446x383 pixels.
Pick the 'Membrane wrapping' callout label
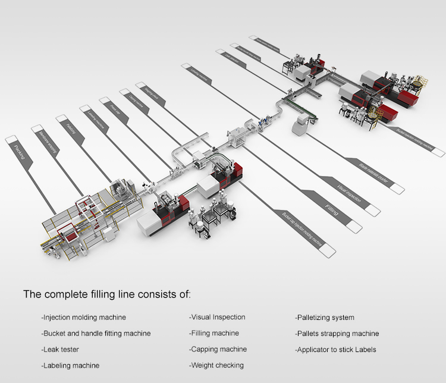point(45,139)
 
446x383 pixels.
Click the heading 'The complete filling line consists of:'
point(107,294)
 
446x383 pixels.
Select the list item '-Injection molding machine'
point(83,318)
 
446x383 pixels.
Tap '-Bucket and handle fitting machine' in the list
point(96,334)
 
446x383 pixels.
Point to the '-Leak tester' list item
point(60,350)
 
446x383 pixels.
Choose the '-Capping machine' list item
point(218,349)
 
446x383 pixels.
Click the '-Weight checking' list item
point(216,365)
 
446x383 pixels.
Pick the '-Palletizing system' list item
point(325,318)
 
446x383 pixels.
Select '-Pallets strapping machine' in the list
point(337,334)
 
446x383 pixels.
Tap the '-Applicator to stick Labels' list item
point(335,350)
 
